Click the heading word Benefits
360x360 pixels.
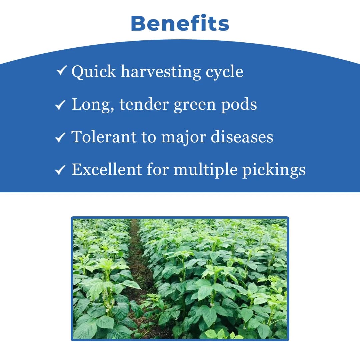(180, 24)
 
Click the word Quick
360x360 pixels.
(93, 72)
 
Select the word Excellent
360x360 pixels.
(106, 169)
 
